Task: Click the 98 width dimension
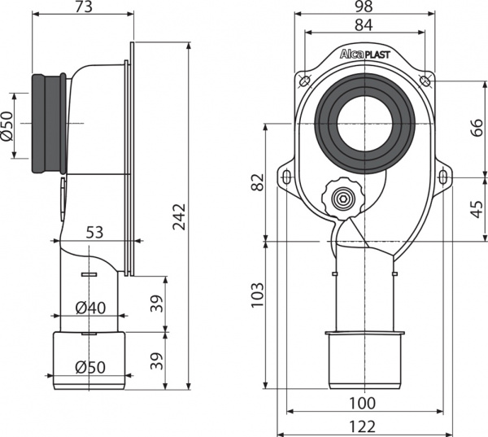[364, 7]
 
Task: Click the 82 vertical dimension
[257, 183]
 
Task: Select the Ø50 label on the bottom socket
[91, 366]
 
